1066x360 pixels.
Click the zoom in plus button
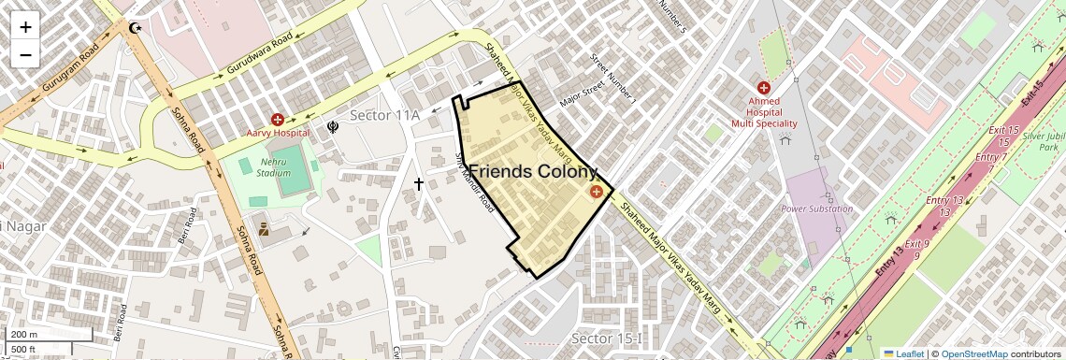(25, 27)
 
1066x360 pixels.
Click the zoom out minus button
(25, 54)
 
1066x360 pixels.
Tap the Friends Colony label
(531, 172)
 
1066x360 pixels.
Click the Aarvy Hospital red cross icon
(278, 119)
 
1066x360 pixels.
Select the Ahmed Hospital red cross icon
(764, 87)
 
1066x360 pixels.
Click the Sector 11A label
(384, 114)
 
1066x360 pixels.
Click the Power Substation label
(816, 209)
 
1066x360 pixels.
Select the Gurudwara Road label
(261, 53)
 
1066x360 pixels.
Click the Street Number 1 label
(613, 78)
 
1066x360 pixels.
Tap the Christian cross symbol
(418, 184)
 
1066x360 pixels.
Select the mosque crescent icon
(137, 28)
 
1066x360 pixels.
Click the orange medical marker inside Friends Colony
(596, 192)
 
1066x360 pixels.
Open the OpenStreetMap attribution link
(973, 353)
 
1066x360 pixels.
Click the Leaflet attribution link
(903, 353)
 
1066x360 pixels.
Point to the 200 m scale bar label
(25, 335)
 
